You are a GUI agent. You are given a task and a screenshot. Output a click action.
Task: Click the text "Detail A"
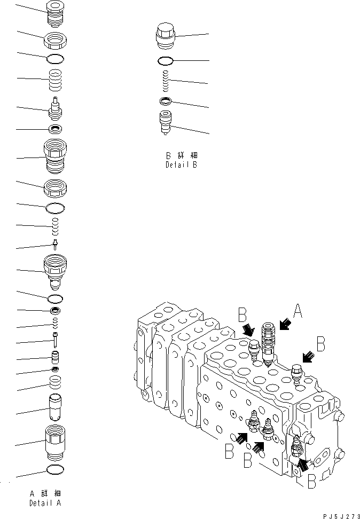[x=45, y=503]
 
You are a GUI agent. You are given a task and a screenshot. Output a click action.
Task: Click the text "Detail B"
[x=181, y=165]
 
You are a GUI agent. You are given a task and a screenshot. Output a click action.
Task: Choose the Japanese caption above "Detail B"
[x=181, y=155]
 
